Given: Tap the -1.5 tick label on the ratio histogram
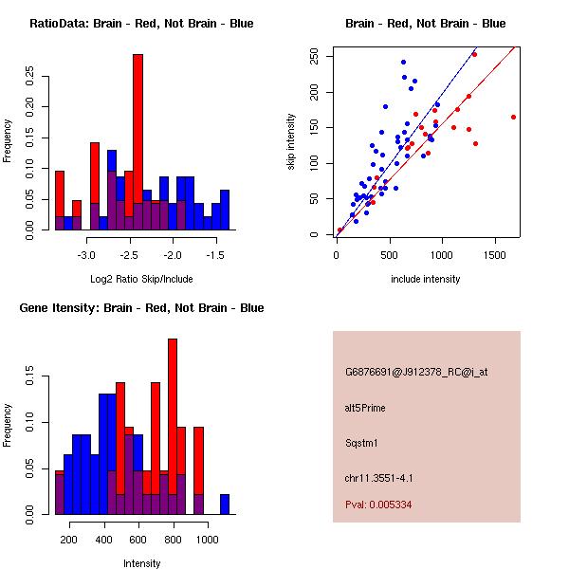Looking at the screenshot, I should coord(215,256).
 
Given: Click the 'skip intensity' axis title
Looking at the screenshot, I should coord(292,142).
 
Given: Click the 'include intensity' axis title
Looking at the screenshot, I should coord(425,279).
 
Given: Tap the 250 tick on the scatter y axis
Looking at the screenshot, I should coord(329,57).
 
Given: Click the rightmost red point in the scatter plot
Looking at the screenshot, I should coord(513,117).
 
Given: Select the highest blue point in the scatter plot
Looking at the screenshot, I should coord(403,63).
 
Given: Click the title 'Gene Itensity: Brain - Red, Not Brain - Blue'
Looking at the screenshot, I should coord(141,308).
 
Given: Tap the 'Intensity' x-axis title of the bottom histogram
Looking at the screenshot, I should coord(141,563).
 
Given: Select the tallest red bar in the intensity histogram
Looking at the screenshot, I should coord(173,427).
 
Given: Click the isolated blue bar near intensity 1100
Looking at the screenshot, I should coord(225,505).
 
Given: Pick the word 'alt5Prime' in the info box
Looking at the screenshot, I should coord(365,408).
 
